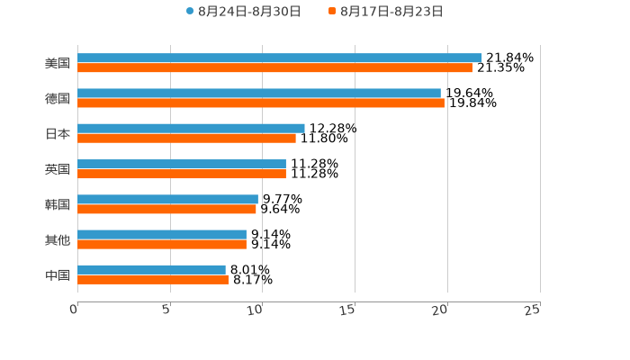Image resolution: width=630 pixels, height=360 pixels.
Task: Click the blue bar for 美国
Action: tap(279, 58)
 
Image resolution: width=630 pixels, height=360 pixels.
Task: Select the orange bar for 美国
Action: tap(274, 67)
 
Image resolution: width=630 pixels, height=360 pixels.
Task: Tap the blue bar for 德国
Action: tap(259, 93)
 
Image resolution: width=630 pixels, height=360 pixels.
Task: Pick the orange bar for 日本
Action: tap(186, 138)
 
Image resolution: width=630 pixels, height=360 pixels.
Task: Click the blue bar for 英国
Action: tap(182, 164)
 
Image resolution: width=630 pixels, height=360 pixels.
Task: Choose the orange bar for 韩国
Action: tap(166, 209)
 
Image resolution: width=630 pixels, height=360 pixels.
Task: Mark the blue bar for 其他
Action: tap(162, 234)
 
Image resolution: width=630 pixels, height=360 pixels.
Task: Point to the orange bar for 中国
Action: tap(153, 279)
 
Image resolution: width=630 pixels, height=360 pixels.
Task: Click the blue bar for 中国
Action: tap(151, 269)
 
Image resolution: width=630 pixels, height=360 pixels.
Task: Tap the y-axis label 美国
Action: tap(58, 64)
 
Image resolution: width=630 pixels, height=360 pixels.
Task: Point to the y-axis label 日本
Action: tap(58, 134)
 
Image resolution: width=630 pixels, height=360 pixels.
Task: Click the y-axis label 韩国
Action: tap(58, 204)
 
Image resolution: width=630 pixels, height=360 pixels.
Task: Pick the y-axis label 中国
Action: tap(58, 274)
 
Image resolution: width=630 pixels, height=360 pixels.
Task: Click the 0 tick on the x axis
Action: tap(75, 310)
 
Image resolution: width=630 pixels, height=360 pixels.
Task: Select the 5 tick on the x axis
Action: tap(167, 310)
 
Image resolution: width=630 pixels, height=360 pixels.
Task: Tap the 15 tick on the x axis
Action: tap(350, 310)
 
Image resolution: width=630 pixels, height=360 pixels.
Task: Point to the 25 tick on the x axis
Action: tap(535, 310)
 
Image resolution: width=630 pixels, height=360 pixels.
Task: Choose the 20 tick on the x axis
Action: tap(442, 310)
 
